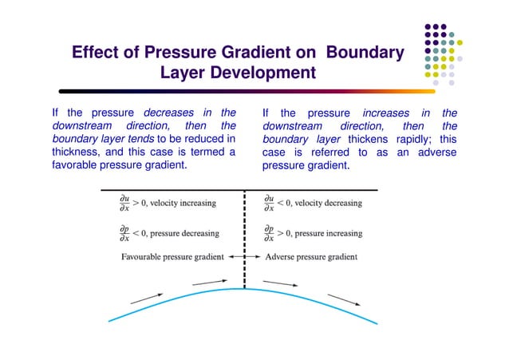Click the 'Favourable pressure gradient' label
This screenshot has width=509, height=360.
coord(172,257)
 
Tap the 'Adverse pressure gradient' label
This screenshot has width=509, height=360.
coord(310,257)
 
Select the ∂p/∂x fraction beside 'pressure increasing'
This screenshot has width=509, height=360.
coord(270,233)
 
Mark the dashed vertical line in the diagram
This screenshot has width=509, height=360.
coord(243,239)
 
